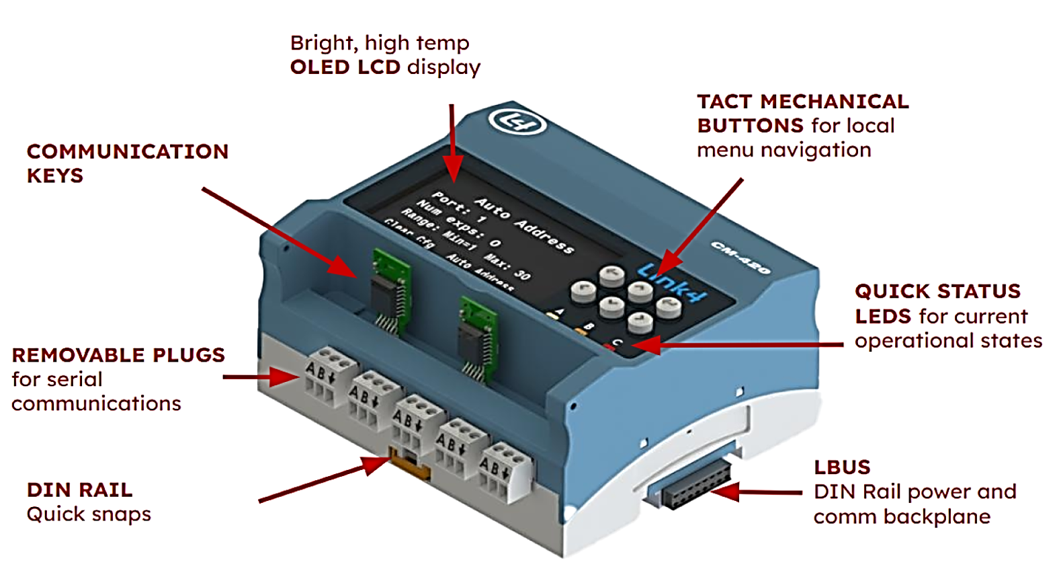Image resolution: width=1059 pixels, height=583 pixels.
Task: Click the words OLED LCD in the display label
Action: tap(345, 67)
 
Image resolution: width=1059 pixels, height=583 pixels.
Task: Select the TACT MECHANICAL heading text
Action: tap(802, 102)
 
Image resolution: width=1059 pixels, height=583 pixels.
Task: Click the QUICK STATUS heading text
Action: tap(937, 291)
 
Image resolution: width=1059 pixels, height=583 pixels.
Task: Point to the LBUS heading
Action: tap(842, 467)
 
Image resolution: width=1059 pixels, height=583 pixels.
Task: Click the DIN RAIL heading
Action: tap(79, 490)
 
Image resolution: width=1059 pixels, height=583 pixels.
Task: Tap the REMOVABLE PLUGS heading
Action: tap(118, 355)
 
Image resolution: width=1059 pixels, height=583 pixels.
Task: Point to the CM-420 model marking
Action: tap(740, 258)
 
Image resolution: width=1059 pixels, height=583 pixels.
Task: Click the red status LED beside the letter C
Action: tap(609, 347)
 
